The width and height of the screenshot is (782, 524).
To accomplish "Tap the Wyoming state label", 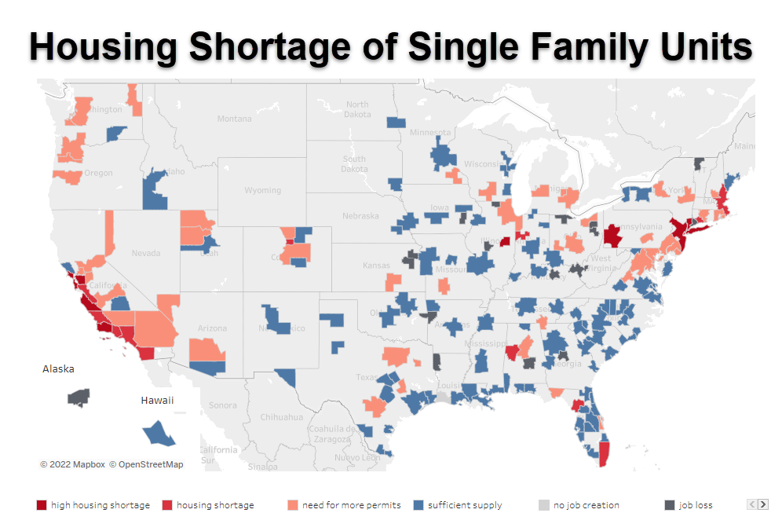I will click(262, 190).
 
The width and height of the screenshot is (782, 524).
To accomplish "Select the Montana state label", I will click(234, 119).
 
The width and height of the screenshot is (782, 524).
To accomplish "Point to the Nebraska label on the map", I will click(360, 215).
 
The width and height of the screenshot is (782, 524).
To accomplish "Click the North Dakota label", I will click(357, 109).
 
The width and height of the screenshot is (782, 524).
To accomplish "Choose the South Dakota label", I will click(354, 163).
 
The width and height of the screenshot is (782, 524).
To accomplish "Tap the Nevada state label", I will click(146, 253).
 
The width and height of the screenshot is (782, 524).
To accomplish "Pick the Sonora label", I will click(223, 405).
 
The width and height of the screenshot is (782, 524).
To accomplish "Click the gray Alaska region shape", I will click(79, 397).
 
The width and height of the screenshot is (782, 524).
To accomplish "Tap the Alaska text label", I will click(58, 368).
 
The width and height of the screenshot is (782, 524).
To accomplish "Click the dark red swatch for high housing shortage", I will click(42, 505).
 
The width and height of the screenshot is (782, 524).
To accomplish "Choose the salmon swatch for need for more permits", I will click(293, 505).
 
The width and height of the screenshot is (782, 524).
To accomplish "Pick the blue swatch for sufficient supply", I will click(418, 505).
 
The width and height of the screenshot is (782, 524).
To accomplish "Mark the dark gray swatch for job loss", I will click(670, 505).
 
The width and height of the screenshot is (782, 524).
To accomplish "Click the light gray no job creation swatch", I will click(544, 505).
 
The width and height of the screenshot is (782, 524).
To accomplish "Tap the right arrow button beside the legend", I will click(762, 504).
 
